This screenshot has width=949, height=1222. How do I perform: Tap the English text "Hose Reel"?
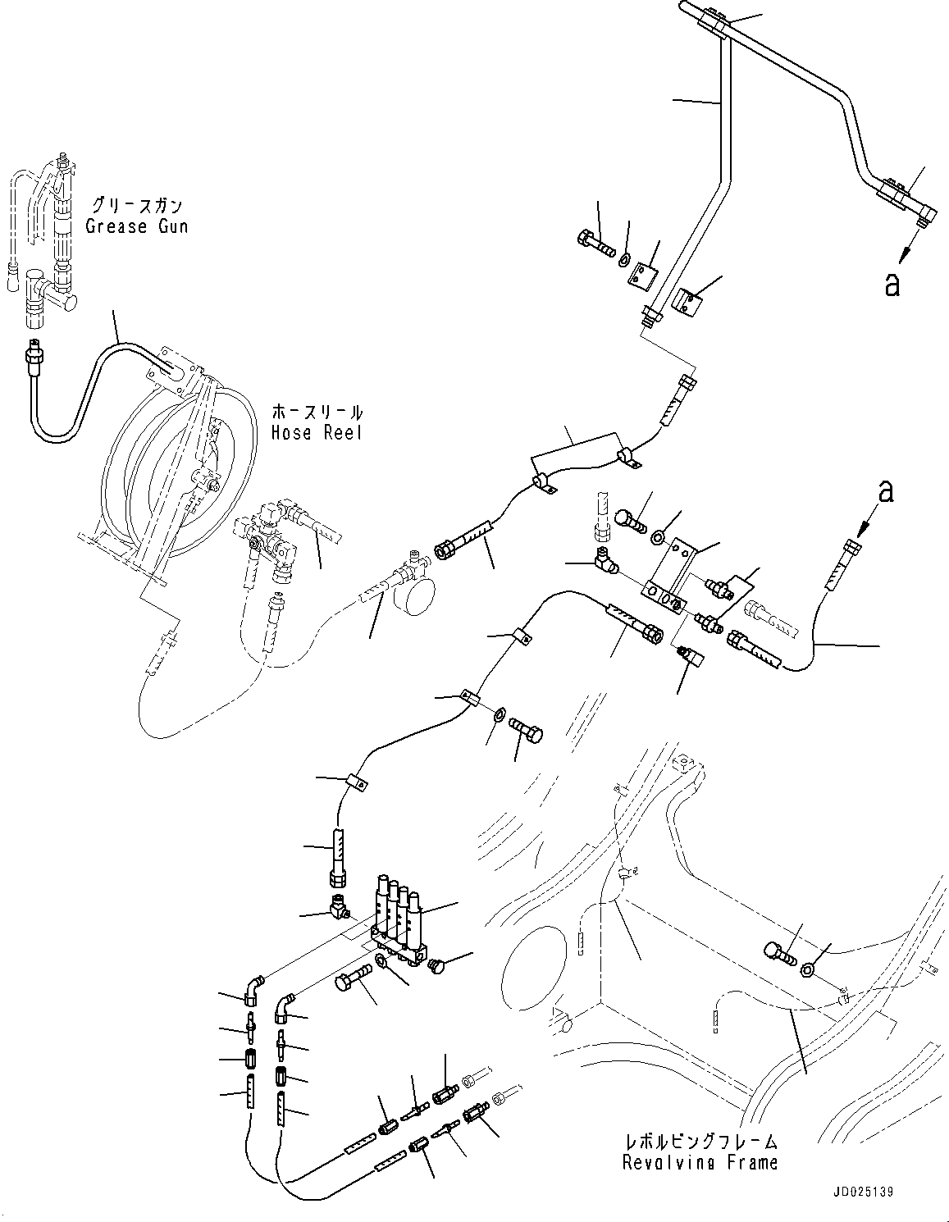pyautogui.click(x=317, y=432)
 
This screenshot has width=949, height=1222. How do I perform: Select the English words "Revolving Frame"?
pyautogui.click(x=700, y=1161)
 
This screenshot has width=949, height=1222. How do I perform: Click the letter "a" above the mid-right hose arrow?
pyautogui.click(x=886, y=491)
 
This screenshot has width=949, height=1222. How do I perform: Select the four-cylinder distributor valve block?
pyautogui.click(x=399, y=923)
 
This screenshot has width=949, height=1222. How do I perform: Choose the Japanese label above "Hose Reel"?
pyautogui.click(x=317, y=412)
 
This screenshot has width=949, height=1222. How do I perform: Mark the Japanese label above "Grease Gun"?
pyautogui.click(x=136, y=205)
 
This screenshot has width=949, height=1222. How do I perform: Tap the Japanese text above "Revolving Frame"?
pyautogui.click(x=700, y=1141)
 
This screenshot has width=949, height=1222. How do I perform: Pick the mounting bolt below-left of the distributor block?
pyautogui.click(x=354, y=978)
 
